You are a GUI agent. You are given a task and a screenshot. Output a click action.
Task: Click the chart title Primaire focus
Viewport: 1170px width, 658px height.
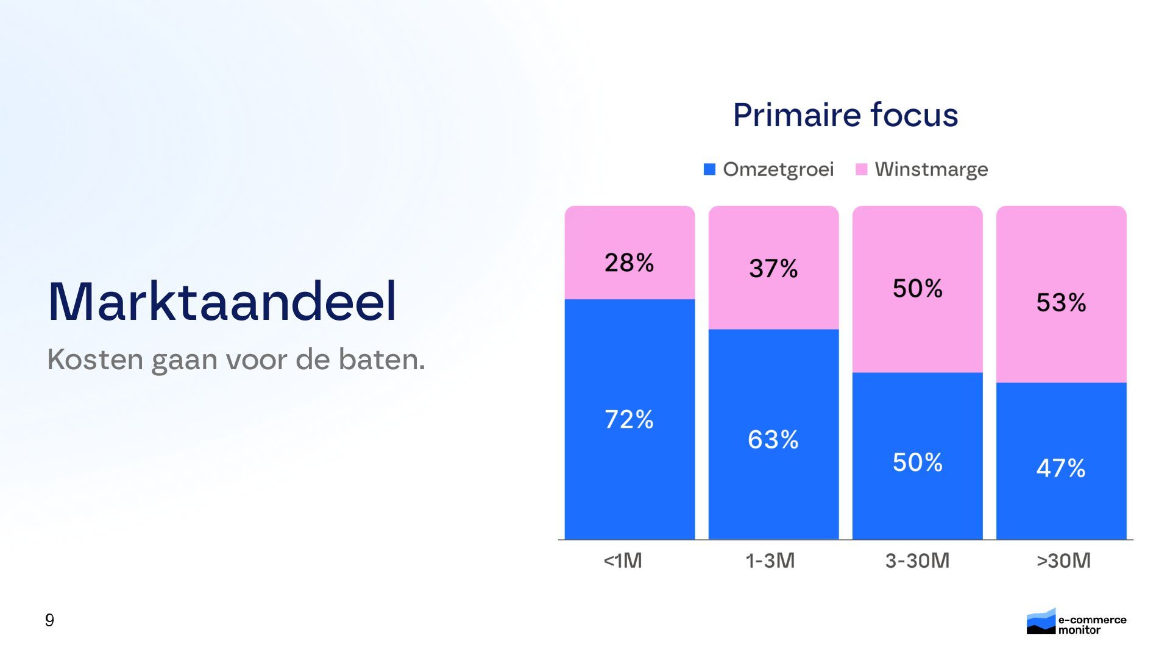click(x=845, y=115)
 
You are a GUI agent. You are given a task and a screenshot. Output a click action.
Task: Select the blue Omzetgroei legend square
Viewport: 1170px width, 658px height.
click(x=709, y=169)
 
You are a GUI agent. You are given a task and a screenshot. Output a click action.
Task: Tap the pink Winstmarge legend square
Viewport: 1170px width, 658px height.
click(x=861, y=169)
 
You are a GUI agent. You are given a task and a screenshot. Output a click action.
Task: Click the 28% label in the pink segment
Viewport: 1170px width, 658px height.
click(x=629, y=263)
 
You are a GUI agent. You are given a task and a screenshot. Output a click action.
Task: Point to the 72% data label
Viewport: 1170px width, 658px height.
click(x=629, y=419)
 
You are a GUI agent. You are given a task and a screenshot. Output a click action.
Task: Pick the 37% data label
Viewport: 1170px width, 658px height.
click(x=773, y=268)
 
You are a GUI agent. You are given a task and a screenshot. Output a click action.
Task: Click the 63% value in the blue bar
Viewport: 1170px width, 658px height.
click(x=773, y=439)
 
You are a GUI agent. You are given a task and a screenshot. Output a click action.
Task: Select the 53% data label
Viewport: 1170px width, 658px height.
click(x=1061, y=302)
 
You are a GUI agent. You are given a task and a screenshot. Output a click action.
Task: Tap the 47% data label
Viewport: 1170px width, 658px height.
click(x=1061, y=468)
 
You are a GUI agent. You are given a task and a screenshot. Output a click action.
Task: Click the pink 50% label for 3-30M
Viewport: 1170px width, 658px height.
click(x=917, y=288)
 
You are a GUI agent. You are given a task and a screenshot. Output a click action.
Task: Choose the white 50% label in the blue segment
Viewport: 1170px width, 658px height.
click(x=917, y=462)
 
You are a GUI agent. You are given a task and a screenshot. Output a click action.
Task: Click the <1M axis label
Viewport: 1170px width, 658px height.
click(x=623, y=561)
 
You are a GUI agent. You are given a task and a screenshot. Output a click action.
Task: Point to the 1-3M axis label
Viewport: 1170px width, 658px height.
click(x=770, y=561)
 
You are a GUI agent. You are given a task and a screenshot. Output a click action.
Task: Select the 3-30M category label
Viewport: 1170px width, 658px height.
click(x=917, y=561)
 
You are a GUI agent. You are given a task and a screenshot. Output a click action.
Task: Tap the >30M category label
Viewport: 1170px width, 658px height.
click(x=1063, y=561)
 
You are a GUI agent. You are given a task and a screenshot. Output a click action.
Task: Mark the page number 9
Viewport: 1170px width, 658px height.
click(x=49, y=620)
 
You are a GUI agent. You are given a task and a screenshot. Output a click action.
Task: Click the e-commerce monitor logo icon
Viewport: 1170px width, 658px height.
click(x=1041, y=621)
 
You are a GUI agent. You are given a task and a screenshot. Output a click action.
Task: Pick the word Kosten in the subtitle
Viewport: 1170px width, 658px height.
click(x=95, y=359)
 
